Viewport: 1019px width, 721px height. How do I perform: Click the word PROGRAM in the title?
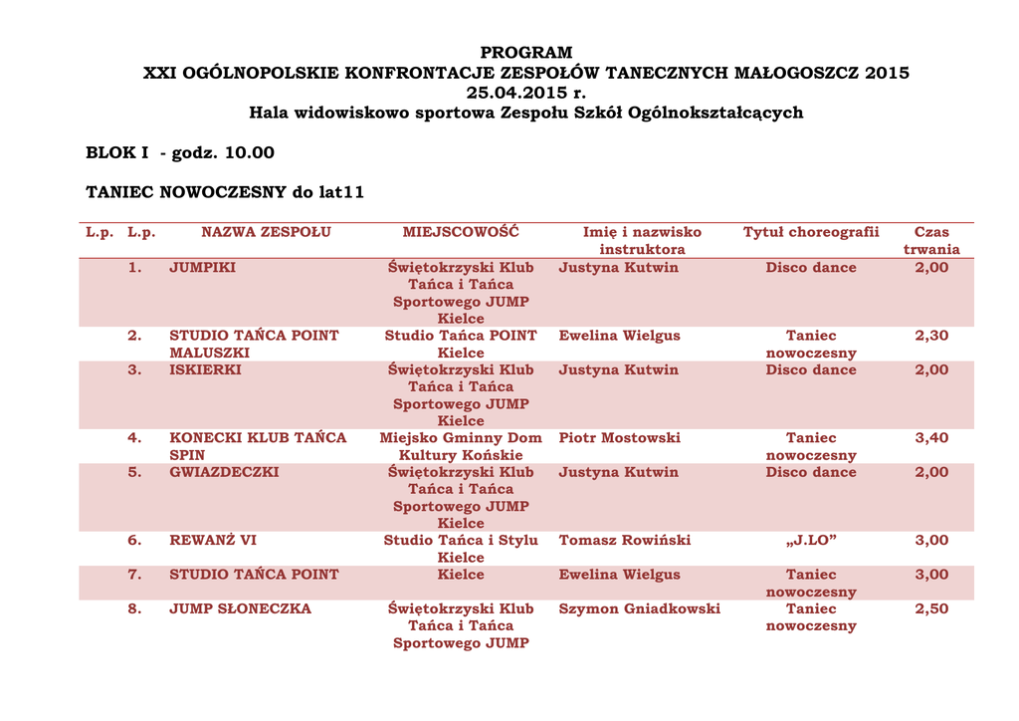click(x=526, y=53)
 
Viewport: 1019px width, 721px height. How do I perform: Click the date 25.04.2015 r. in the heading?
click(x=526, y=93)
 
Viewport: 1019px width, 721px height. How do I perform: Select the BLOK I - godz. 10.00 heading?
click(x=180, y=152)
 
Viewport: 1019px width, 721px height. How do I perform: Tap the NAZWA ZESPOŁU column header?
click(x=266, y=232)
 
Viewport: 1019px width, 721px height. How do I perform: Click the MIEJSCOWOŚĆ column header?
click(x=461, y=232)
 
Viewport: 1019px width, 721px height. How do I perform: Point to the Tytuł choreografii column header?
click(x=811, y=232)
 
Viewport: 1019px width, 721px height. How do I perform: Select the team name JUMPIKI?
click(x=202, y=267)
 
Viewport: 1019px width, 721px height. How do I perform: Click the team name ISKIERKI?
click(x=205, y=369)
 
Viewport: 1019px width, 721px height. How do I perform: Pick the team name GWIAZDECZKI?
click(x=224, y=472)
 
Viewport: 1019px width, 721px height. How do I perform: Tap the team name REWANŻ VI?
click(x=213, y=540)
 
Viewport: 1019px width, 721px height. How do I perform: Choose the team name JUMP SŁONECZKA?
click(x=240, y=608)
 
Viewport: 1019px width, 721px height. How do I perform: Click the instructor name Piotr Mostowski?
click(x=620, y=437)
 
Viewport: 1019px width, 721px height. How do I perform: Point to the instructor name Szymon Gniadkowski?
click(x=640, y=608)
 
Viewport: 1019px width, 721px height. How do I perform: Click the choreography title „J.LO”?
click(x=811, y=540)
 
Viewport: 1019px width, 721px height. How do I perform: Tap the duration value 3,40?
click(x=931, y=437)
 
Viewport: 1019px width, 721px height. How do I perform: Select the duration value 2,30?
click(x=931, y=336)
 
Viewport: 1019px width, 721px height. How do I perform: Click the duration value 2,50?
click(x=931, y=608)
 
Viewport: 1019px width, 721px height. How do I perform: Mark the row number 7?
click(x=134, y=575)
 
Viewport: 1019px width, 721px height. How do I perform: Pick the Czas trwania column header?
click(x=931, y=240)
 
